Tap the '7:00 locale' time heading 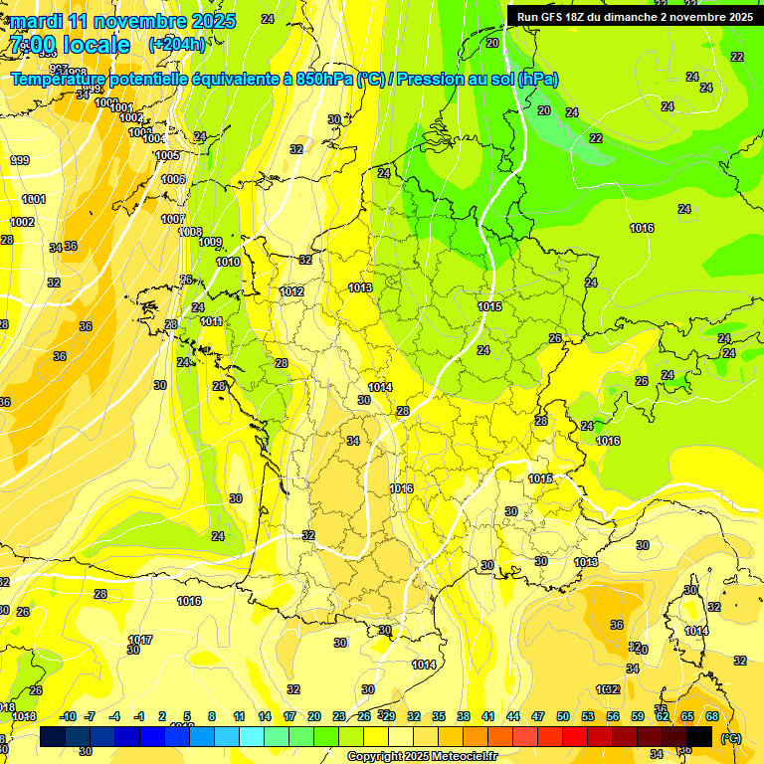point(70,45)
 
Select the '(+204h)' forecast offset point(177,45)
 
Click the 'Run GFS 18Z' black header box point(634,16)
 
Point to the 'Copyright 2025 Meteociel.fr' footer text point(423,756)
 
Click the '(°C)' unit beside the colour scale point(730,738)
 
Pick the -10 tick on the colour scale point(68,716)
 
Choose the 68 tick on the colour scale point(712,716)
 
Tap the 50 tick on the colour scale point(563,716)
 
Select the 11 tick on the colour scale point(239,716)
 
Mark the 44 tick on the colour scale point(513,716)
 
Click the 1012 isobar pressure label point(291,291)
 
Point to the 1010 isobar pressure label point(228,262)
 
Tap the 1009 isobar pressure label point(210,242)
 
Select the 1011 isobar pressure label point(211,321)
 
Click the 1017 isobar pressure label point(140,640)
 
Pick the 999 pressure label point(20,160)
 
